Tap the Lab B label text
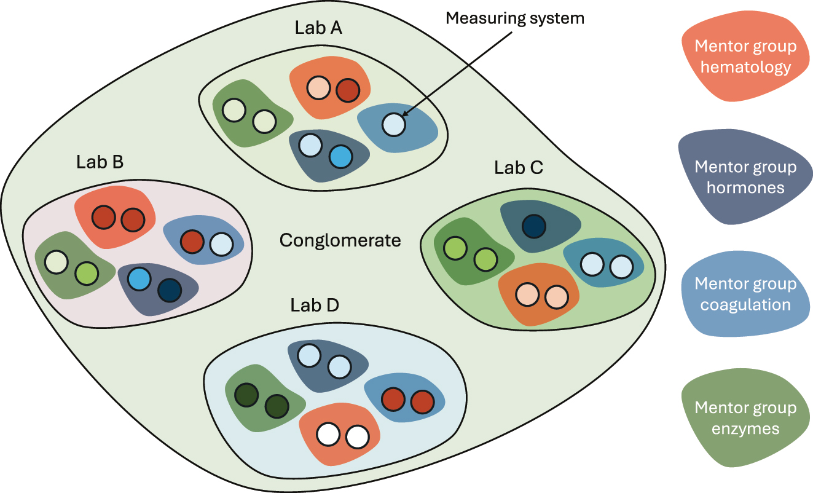[100, 162]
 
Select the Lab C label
[519, 168]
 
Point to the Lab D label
[315, 305]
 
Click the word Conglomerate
[340, 240]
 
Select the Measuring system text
[514, 18]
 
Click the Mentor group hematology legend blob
[745, 56]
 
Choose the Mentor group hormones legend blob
[745, 177]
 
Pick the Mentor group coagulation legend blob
[745, 294]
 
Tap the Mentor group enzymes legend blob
[745, 418]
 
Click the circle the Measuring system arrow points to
[393, 125]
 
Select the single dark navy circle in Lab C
[532, 226]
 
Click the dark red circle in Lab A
[347, 90]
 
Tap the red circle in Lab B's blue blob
[192, 241]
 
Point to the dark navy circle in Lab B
[168, 290]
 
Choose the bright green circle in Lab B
[86, 272]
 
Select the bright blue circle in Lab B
[139, 279]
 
